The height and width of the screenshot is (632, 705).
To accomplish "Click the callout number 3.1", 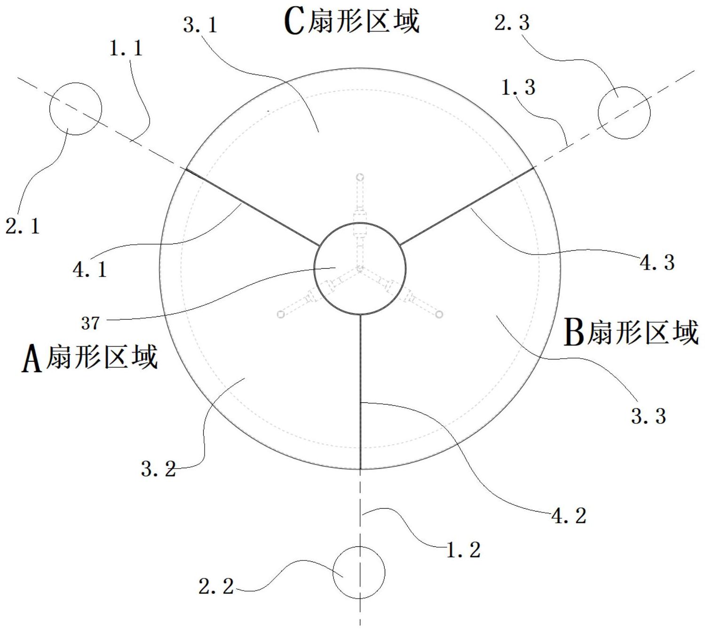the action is tap(200, 25).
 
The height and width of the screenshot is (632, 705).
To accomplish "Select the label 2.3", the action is tap(512, 23).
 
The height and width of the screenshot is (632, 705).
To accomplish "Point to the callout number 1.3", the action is tap(518, 87).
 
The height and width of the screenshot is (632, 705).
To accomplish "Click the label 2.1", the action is tap(23, 226).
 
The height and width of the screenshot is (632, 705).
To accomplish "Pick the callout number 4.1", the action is tap(90, 270).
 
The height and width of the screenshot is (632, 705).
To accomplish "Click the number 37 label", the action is tap(90, 323).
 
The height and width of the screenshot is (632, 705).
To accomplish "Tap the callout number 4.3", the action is tap(657, 262).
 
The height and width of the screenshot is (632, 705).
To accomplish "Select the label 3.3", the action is tap(648, 416).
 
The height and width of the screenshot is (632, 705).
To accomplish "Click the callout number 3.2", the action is tap(158, 468).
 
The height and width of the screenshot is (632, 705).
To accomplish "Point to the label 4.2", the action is tap(569, 516).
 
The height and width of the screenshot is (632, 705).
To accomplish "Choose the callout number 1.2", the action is tap(463, 550).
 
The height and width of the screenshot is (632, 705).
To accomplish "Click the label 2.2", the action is tap(216, 586).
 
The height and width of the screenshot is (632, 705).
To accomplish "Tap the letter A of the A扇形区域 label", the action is tap(32, 358).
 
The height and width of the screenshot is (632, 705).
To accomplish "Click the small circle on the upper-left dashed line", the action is tap(76, 109).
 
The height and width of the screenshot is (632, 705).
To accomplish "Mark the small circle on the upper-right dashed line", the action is tap(624, 113).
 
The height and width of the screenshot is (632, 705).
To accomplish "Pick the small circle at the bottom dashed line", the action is tap(359, 573).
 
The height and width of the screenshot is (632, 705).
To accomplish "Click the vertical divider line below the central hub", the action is tap(361, 392).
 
